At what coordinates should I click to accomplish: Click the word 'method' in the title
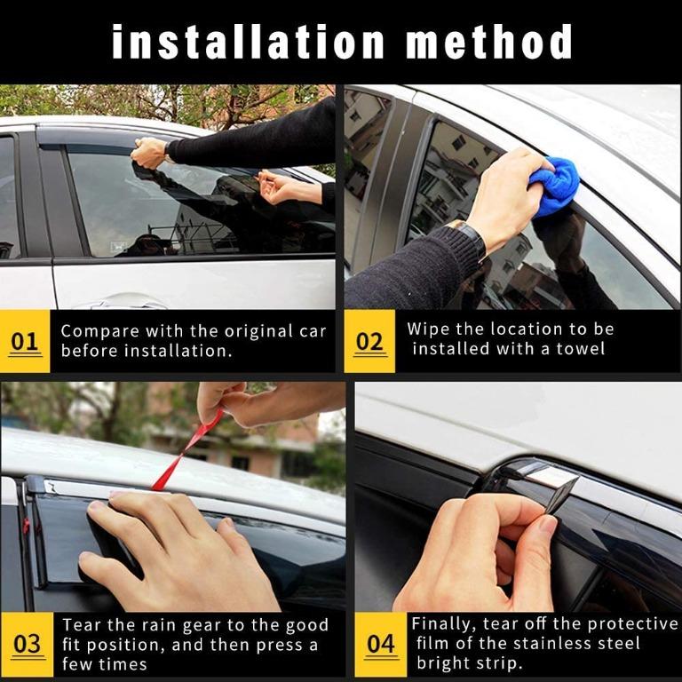pyautogui.click(x=488, y=42)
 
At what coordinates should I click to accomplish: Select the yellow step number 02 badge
pyautogui.click(x=369, y=341)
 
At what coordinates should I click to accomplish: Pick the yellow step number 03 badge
pyautogui.click(x=27, y=644)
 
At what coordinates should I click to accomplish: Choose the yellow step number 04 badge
pyautogui.click(x=381, y=644)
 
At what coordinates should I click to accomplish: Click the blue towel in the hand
pyautogui.click(x=554, y=183)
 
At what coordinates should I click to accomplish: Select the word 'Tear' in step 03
pyautogui.click(x=82, y=625)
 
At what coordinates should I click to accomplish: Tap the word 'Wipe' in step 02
pyautogui.click(x=427, y=329)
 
